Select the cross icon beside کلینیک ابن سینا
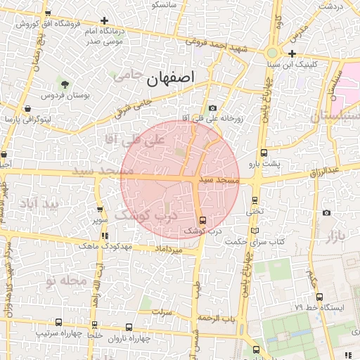coord(292,53)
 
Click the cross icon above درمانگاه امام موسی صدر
coord(105,22)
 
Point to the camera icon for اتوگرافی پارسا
coord(27,109)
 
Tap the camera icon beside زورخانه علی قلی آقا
coord(212,108)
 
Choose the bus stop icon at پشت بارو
coord(264,153)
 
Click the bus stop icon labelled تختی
coord(255,199)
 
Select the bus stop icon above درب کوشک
coord(203,220)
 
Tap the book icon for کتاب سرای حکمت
coord(255,231)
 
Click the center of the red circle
coord(180,179)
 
